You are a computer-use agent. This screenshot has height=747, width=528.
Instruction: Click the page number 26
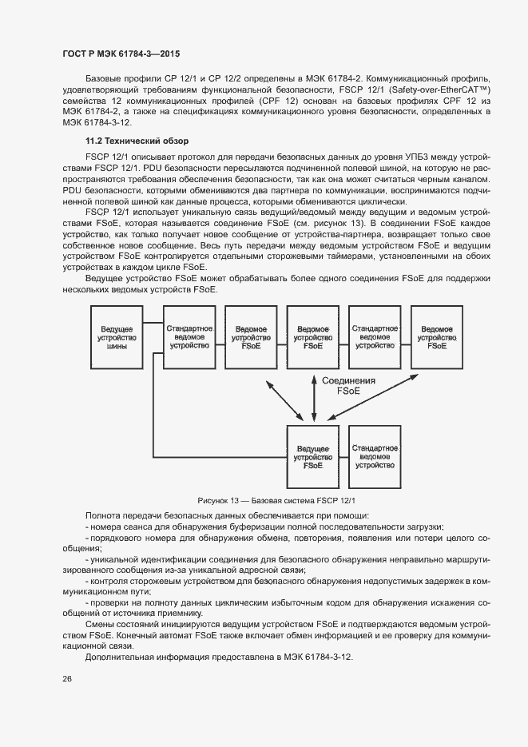tap(66, 678)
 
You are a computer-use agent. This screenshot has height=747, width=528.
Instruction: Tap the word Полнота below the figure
tap(99, 515)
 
